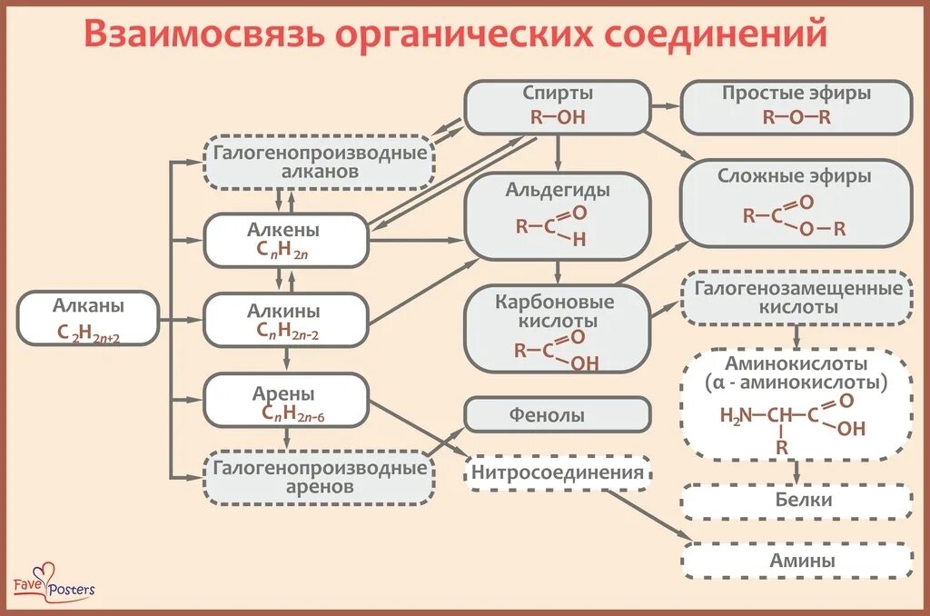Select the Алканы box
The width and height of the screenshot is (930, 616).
click(x=89, y=319)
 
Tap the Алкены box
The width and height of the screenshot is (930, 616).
click(x=285, y=241)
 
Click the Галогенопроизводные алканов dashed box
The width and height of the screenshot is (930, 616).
click(x=320, y=162)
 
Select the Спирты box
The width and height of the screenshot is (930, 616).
click(x=558, y=106)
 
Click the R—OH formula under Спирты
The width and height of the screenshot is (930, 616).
click(x=558, y=117)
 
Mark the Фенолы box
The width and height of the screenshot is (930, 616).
click(x=558, y=415)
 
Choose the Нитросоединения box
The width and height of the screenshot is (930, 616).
click(x=558, y=472)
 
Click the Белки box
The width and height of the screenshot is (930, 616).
click(x=797, y=501)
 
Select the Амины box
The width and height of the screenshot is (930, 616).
click(x=797, y=561)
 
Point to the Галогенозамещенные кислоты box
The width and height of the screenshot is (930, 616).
click(x=797, y=297)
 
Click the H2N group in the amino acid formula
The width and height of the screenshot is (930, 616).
click(x=736, y=415)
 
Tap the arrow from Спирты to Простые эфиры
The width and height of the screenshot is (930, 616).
click(x=666, y=106)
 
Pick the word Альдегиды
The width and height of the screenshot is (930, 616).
click(x=558, y=191)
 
